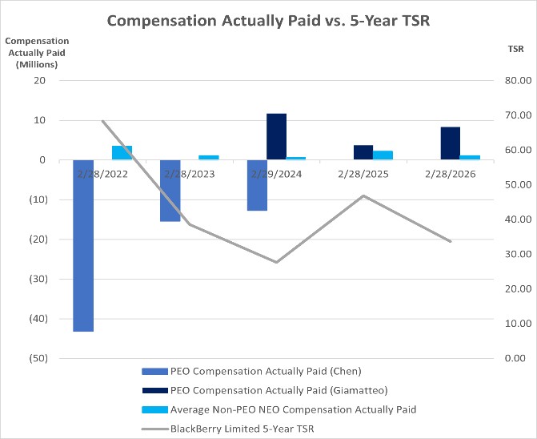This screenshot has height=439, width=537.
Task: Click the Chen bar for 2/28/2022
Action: click(x=83, y=246)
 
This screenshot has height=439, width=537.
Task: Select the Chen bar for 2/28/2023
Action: click(x=170, y=191)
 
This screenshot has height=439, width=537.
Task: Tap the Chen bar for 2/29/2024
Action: click(x=257, y=185)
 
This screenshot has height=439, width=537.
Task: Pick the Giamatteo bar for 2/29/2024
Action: click(x=277, y=136)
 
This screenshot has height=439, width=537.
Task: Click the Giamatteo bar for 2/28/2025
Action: click(x=363, y=152)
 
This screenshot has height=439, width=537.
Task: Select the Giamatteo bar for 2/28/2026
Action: click(x=451, y=143)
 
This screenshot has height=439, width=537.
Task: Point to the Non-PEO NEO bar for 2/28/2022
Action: click(x=122, y=153)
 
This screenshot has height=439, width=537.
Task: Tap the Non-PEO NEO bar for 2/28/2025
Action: click(x=383, y=155)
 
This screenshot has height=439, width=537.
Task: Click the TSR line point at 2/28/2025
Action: click(x=363, y=195)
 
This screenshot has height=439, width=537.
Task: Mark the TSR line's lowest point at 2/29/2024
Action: click(x=277, y=262)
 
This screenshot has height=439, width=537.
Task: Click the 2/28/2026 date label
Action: click(x=451, y=174)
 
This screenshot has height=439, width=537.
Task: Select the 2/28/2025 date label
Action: click(x=363, y=174)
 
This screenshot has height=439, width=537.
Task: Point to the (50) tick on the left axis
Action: click(x=38, y=358)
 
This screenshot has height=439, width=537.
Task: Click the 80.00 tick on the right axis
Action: click(x=518, y=81)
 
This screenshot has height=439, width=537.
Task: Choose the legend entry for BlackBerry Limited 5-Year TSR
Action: click(x=228, y=429)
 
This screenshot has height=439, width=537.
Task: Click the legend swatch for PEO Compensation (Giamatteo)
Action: click(x=154, y=390)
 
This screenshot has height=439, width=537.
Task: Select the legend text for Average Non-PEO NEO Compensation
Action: click(x=293, y=409)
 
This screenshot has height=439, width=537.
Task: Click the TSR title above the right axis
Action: click(x=515, y=49)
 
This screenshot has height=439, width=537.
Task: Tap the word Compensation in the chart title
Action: click(x=162, y=21)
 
